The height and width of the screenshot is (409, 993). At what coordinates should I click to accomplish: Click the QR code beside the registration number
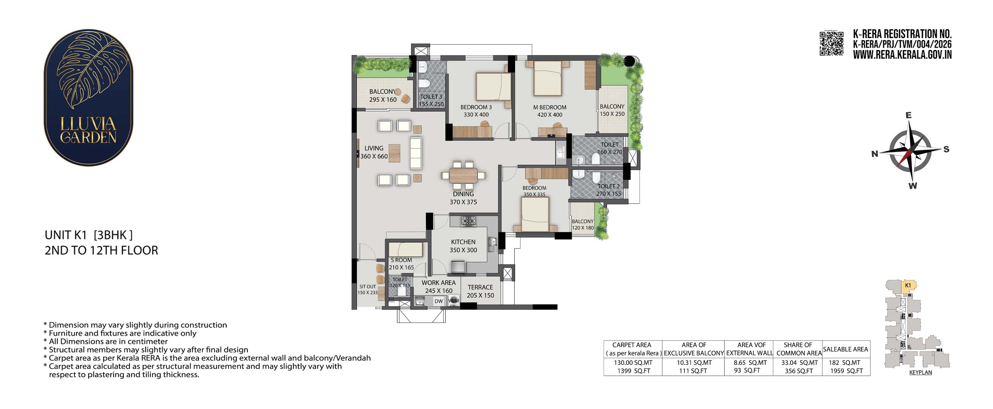[x=831, y=43]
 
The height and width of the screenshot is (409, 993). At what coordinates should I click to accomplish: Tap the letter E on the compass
[x=908, y=115]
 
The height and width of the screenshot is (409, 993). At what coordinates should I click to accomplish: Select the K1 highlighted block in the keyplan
[x=908, y=286]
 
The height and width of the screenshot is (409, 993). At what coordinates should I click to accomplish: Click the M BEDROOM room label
[x=550, y=107]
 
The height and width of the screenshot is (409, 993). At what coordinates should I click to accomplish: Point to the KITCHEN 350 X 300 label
[x=463, y=246]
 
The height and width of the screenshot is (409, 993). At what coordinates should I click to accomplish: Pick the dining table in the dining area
[x=464, y=175]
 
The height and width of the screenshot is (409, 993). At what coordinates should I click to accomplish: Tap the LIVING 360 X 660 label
[x=374, y=152]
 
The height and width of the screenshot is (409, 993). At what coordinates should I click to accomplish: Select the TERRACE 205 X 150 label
[x=480, y=291]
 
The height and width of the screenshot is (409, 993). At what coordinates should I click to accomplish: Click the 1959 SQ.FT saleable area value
[x=846, y=371]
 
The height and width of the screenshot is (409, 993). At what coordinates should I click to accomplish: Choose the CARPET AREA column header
[x=632, y=349]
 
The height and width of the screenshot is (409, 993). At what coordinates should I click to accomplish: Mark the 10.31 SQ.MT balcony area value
[x=693, y=363]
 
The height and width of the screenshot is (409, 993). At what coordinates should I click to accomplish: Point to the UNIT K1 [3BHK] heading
[x=89, y=235]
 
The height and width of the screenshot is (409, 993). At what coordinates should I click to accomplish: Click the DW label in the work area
[x=438, y=301]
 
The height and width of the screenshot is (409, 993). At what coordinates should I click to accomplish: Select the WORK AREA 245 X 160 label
[x=439, y=286]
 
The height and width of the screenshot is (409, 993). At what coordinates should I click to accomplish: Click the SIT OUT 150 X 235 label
[x=367, y=290]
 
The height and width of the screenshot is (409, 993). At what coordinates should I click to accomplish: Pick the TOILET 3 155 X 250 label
[x=431, y=100]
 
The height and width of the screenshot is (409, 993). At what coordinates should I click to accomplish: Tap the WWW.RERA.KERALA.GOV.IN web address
[x=902, y=55]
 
